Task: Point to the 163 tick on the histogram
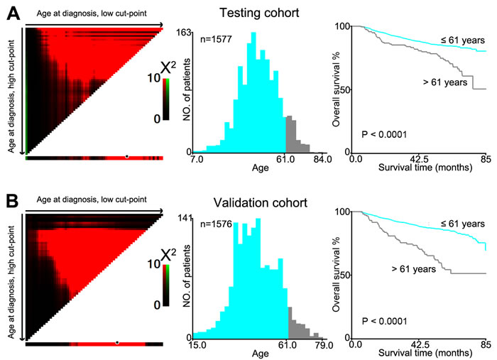point(182,32)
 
